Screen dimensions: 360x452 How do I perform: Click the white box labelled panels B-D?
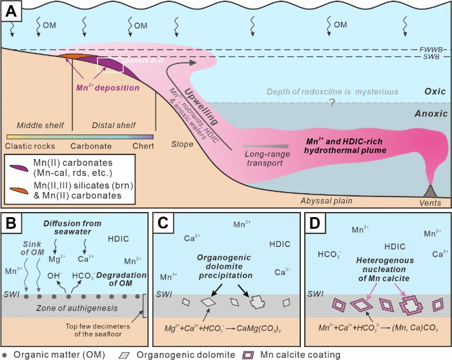[110, 65]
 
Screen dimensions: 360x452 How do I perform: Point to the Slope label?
[183, 143]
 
